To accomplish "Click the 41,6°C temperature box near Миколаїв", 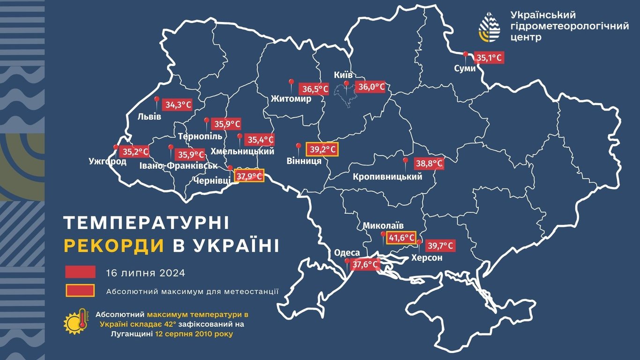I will click(402, 238).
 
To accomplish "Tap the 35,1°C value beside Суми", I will click(489, 58).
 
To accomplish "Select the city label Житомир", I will click(291, 99).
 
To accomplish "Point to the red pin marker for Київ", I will click(346, 85).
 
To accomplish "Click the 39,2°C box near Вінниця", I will click(322, 150).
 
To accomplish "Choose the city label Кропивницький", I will click(387, 177).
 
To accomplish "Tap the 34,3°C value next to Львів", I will click(177, 105).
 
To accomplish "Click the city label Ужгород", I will click(107, 162).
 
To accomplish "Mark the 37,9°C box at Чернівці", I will click(249, 176).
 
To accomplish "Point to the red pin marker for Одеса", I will click(347, 262).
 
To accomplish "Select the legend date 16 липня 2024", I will click(146, 273).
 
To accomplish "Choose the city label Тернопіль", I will click(200, 136).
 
